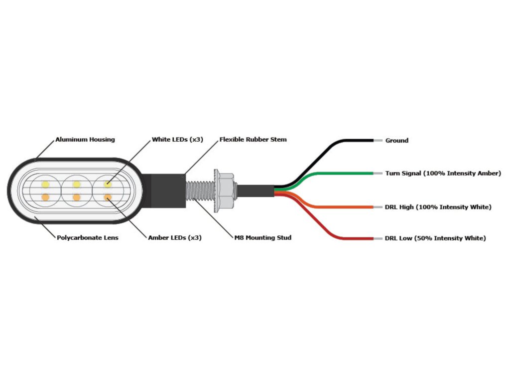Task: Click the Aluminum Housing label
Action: (85, 140)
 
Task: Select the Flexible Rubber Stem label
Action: (253, 140)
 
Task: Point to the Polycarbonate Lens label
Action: (87, 238)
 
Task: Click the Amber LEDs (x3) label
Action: (175, 238)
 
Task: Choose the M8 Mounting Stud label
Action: (263, 238)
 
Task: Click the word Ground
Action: (397, 141)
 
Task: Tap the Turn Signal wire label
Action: (443, 174)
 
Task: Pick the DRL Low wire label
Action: (435, 238)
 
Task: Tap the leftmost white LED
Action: (45, 185)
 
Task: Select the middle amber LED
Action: (76, 197)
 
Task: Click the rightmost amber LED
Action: (107, 197)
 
